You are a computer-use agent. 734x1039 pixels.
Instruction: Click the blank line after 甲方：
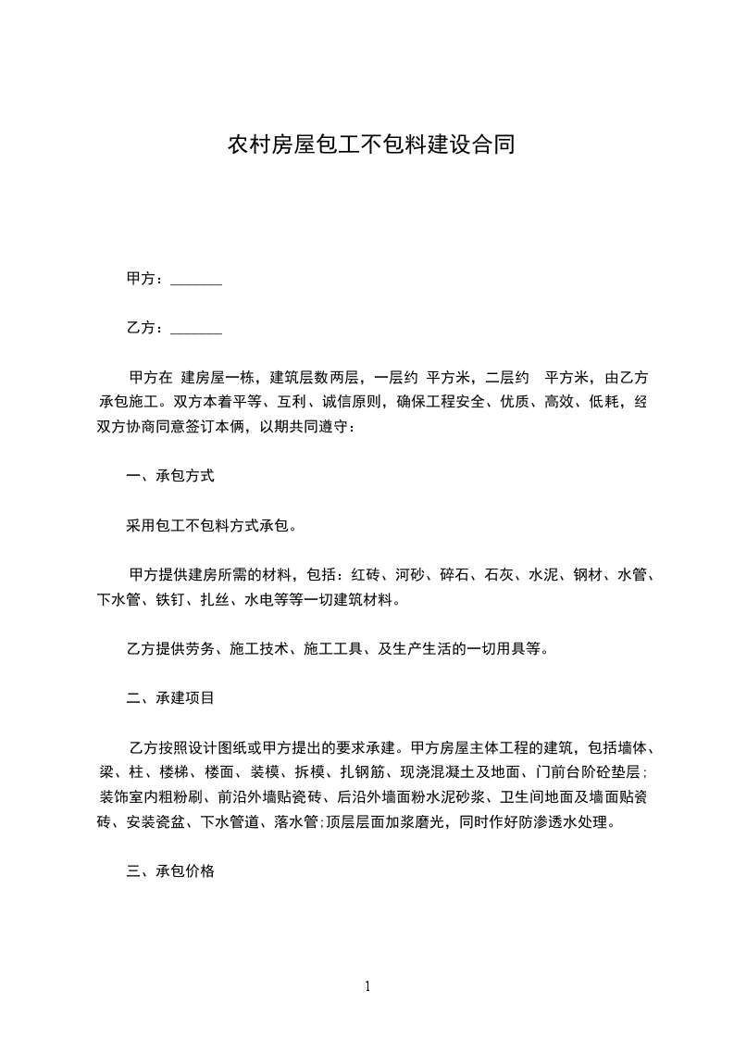(196, 279)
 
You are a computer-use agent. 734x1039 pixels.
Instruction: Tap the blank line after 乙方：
(196, 328)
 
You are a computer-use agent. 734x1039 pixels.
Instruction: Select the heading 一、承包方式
(170, 476)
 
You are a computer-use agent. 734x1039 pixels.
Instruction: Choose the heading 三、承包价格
(170, 870)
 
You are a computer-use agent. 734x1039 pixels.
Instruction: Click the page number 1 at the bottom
(367, 986)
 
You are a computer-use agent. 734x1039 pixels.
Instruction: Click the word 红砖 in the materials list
(365, 575)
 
